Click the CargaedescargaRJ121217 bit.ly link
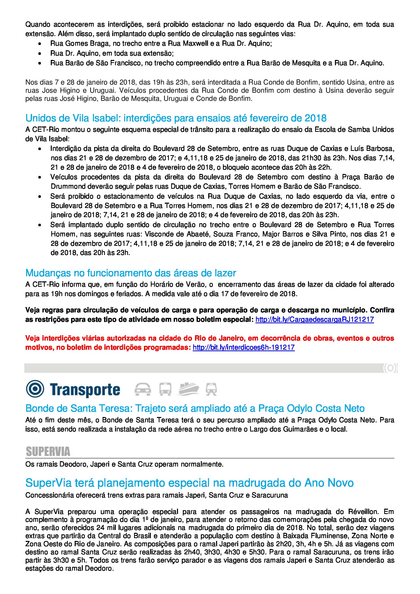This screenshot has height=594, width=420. pos(314,319)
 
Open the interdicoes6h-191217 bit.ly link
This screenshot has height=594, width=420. pos(244,347)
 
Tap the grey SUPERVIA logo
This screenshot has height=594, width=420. pos(48,452)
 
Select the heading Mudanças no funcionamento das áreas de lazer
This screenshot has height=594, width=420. pos(131,273)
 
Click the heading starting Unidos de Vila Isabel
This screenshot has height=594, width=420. pos(176,118)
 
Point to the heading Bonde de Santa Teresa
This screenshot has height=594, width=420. pos(195,409)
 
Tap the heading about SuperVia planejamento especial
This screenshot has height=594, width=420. pos(189,483)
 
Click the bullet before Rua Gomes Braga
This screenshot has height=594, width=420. pos(40,44)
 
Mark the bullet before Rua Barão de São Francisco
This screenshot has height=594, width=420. pos(40,63)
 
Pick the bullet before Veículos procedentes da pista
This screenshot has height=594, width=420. pos(40,178)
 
